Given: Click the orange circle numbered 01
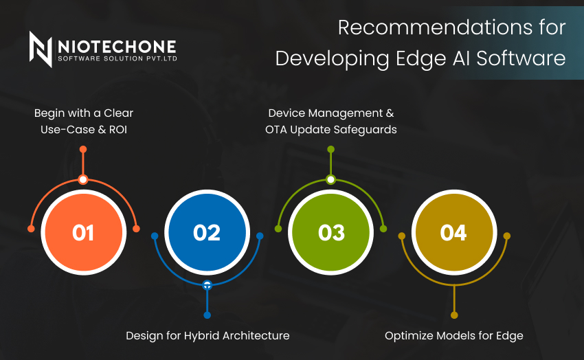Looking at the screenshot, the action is point(83,232).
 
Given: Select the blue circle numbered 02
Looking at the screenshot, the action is point(207,232).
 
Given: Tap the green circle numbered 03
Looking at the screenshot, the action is point(330,232).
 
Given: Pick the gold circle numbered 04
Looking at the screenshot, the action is point(454,232).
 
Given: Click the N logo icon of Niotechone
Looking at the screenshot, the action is point(41,49).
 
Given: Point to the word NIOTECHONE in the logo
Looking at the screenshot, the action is point(117,47).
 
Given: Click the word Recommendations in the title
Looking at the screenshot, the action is point(431,27).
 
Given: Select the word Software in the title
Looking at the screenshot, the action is point(521,58).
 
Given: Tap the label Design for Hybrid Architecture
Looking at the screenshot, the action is point(207,336).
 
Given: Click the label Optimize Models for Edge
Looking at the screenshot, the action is point(454,336).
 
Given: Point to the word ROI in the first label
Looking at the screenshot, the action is point(118,130).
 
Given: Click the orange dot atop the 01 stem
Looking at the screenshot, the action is point(83,149).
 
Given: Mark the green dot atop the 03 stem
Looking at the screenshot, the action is point(330,149).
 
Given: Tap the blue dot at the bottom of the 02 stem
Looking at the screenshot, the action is point(207,315).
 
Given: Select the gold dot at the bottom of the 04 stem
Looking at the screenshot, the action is point(454,315).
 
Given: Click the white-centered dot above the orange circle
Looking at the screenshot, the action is point(83,180).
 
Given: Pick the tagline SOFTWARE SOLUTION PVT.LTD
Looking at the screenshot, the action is point(117,58).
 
